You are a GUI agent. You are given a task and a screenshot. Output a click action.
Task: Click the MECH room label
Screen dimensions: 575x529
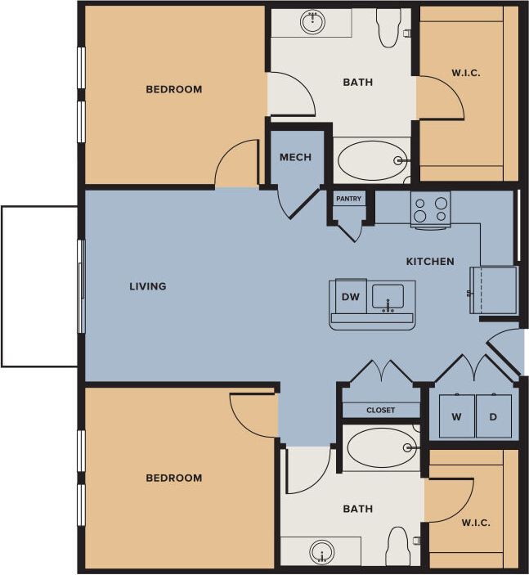tap(295, 157)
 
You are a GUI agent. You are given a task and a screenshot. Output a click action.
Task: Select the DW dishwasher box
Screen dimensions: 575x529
tap(351, 297)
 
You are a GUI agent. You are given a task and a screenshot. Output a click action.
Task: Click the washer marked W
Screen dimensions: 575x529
tap(456, 416)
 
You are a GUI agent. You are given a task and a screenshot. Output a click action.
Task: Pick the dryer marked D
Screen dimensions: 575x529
tap(493, 416)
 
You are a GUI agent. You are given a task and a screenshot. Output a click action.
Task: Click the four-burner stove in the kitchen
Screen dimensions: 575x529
tap(430, 209)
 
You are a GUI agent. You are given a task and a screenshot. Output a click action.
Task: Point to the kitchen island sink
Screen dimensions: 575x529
tap(388, 297)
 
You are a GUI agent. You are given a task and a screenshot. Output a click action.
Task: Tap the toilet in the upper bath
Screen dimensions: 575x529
tap(389, 27)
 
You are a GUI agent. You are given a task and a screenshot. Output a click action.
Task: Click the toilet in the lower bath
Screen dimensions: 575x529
tap(398, 546)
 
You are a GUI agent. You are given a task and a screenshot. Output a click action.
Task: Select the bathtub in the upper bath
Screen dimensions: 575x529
tap(373, 160)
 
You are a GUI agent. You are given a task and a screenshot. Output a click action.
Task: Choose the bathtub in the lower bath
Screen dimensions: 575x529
tap(382, 447)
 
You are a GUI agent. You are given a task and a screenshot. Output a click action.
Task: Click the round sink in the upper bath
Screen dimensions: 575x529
tap(313, 22)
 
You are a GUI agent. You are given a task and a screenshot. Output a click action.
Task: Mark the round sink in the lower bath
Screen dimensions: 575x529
tap(322, 552)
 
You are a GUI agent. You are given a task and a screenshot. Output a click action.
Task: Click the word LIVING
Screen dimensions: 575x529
tap(148, 286)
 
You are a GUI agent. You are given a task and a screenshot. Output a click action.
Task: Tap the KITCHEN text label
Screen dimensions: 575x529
tap(430, 262)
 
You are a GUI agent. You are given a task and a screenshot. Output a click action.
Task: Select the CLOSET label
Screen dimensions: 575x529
tap(380, 410)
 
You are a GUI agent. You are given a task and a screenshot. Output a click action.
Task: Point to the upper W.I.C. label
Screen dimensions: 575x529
tap(465, 73)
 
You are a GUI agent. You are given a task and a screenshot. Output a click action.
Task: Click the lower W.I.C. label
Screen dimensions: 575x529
tap(475, 523)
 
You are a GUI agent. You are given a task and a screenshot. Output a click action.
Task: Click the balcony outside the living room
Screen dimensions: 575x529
tap(39, 286)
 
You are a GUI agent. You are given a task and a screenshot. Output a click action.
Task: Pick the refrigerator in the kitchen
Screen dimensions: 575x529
tap(494, 290)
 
